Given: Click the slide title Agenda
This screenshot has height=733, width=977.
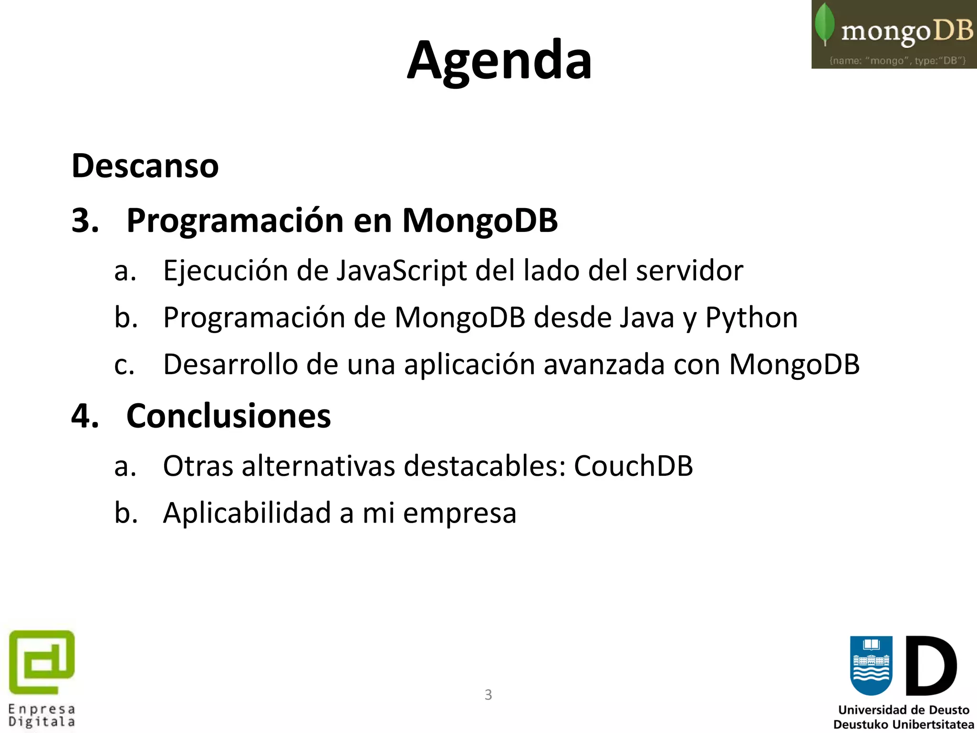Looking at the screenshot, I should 499,61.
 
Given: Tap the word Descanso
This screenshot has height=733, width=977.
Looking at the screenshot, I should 145,166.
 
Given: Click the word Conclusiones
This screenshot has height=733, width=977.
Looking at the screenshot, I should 229,416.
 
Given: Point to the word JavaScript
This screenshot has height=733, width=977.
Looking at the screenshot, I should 402,271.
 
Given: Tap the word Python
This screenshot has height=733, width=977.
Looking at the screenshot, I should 751,318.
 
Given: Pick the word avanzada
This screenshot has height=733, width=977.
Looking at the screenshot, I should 604,365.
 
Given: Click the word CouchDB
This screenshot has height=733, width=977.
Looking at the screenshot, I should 633,466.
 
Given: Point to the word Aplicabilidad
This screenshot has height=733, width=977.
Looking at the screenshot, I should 247,513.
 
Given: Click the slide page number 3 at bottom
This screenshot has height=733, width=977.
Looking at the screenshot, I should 488,695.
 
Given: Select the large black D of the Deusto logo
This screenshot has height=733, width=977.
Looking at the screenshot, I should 931,666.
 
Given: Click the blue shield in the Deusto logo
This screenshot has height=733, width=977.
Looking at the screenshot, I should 871,665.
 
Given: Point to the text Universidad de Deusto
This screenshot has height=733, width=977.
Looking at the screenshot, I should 904,710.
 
